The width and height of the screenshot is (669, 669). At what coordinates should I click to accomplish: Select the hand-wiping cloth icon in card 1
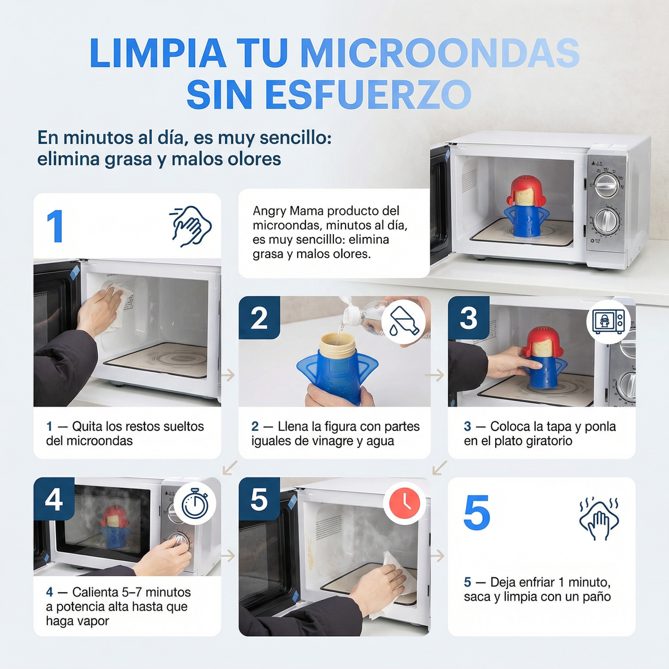pyautogui.click(x=190, y=226)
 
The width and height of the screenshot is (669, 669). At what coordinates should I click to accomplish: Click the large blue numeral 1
pyautogui.click(x=55, y=226)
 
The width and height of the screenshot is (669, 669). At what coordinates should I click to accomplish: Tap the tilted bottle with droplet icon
pyautogui.click(x=404, y=322)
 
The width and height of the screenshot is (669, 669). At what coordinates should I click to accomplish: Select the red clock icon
pyautogui.click(x=405, y=503)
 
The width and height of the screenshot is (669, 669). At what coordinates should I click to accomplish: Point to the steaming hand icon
pyautogui.click(x=599, y=518)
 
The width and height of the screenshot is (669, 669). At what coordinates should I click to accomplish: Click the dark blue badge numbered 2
pyautogui.click(x=259, y=318)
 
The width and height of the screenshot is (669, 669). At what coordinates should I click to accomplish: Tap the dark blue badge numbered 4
pyautogui.click(x=54, y=499)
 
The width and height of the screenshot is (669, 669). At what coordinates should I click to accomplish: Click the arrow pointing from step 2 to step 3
pyautogui.click(x=435, y=375)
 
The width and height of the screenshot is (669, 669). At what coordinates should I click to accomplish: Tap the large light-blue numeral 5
pyautogui.click(x=477, y=512)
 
